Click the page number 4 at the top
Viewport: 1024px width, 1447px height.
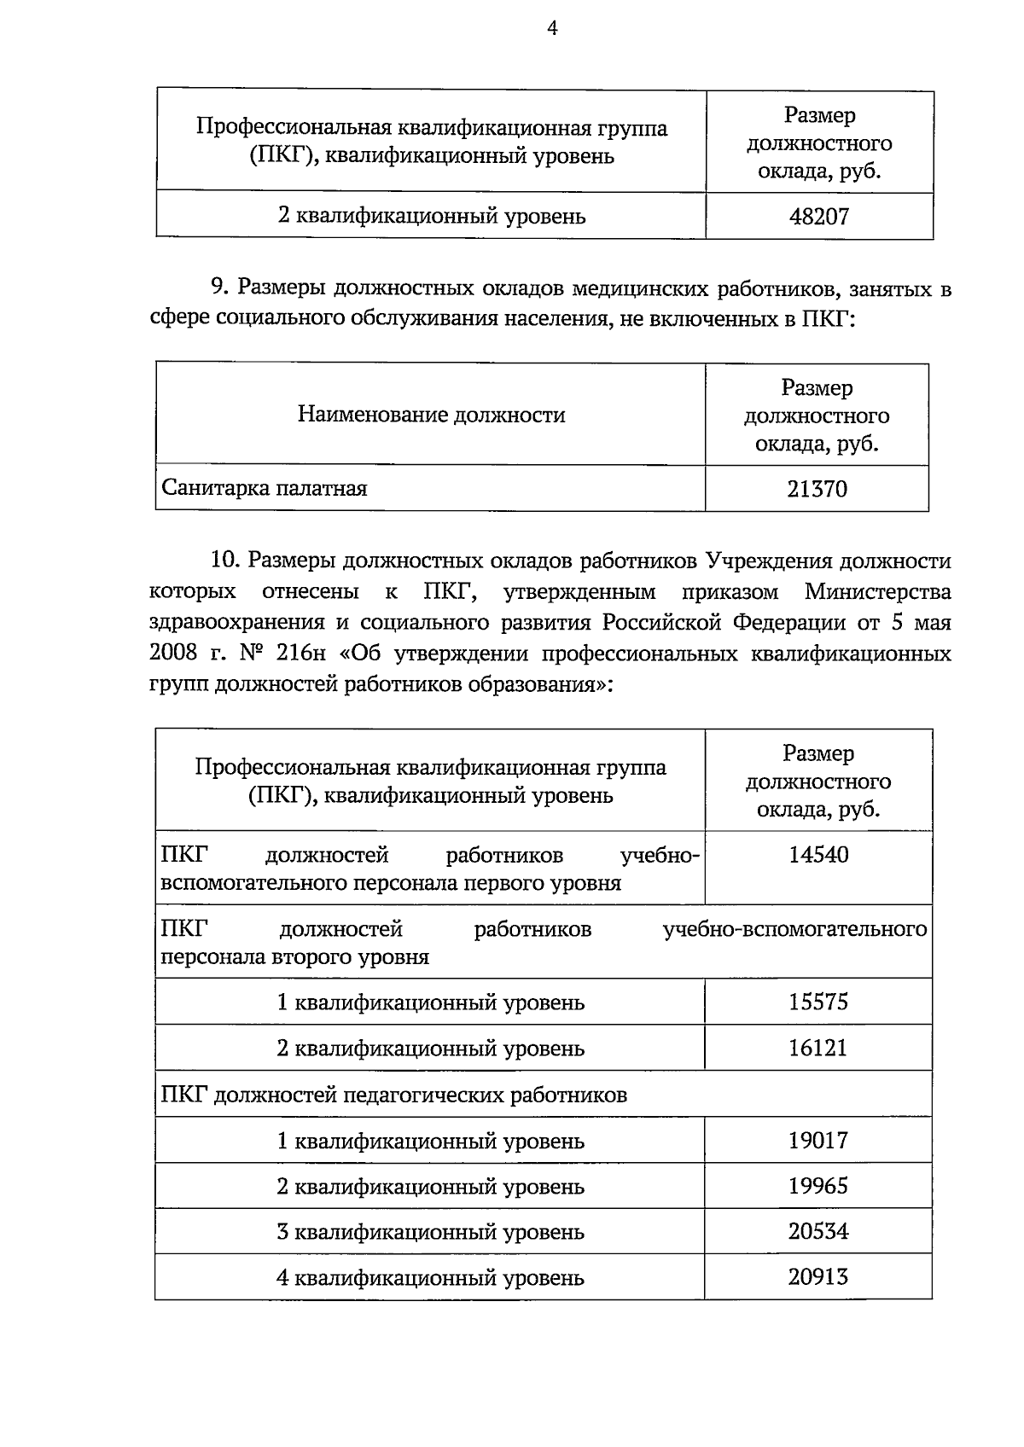pos(552,29)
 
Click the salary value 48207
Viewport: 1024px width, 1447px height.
pos(818,216)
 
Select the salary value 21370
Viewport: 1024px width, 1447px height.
pos(817,489)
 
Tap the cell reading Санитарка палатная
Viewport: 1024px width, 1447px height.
pos(265,489)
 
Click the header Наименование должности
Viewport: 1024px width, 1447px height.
pos(431,416)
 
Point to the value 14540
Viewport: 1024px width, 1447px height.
pos(818,855)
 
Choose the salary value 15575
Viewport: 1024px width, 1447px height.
pos(818,1002)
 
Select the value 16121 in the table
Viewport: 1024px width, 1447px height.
pos(818,1048)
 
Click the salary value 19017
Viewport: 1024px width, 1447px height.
pos(818,1141)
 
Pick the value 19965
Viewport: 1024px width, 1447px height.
pos(818,1186)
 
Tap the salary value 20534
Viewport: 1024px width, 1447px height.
pos(818,1232)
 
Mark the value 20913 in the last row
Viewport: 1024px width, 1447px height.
pos(818,1277)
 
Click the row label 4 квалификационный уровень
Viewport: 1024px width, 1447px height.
pos(430,1278)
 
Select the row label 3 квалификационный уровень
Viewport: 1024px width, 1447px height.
pos(430,1232)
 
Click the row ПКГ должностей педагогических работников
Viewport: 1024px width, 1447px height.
pos(393,1095)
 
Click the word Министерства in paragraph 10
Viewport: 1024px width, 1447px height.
pos(877,592)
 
